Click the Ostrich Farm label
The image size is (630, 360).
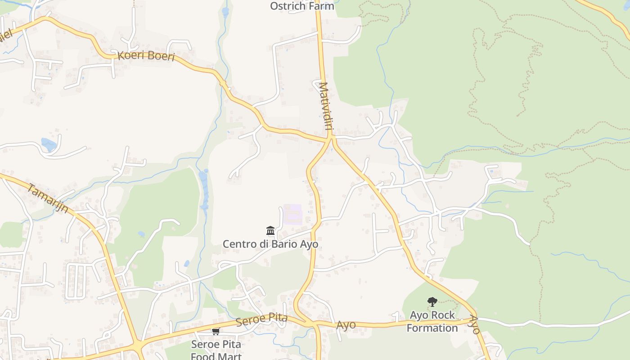click(x=302, y=6)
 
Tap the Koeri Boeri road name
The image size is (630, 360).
click(x=146, y=56)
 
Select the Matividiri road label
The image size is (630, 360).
click(x=325, y=106)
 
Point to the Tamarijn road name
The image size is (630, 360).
click(x=48, y=198)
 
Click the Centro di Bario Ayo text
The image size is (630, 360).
click(x=270, y=244)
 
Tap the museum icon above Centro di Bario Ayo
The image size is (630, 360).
click(x=270, y=231)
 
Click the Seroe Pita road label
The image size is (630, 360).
click(x=261, y=320)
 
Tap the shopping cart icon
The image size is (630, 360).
click(x=216, y=332)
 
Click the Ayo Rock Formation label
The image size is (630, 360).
click(x=432, y=321)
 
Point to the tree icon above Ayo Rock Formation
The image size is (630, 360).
click(x=432, y=301)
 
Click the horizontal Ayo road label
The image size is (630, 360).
click(x=346, y=324)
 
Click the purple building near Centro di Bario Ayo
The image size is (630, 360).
click(x=293, y=213)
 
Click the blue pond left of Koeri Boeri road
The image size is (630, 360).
click(x=49, y=144)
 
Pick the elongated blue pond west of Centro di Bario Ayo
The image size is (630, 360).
click(x=204, y=189)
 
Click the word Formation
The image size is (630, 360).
click(x=432, y=328)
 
